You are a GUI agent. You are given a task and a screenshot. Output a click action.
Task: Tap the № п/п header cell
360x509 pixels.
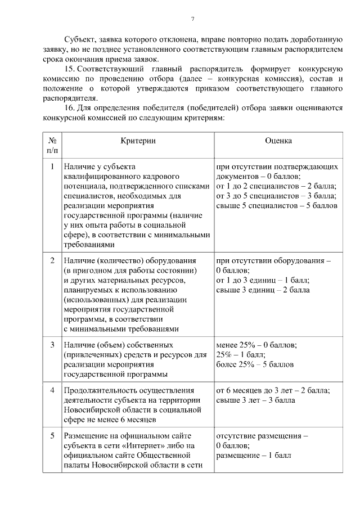click(52, 145)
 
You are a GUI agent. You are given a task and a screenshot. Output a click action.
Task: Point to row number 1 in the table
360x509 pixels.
click(52, 167)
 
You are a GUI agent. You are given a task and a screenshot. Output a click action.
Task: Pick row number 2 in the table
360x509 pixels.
click(52, 261)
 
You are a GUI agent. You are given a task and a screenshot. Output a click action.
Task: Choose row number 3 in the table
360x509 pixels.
click(52, 344)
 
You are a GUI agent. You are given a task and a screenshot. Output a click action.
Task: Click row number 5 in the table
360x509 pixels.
click(52, 436)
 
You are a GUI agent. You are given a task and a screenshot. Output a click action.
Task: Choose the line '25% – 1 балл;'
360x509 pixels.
click(237, 354)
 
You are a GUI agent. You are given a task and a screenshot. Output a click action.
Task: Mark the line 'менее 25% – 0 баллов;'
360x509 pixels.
click(256, 344)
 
